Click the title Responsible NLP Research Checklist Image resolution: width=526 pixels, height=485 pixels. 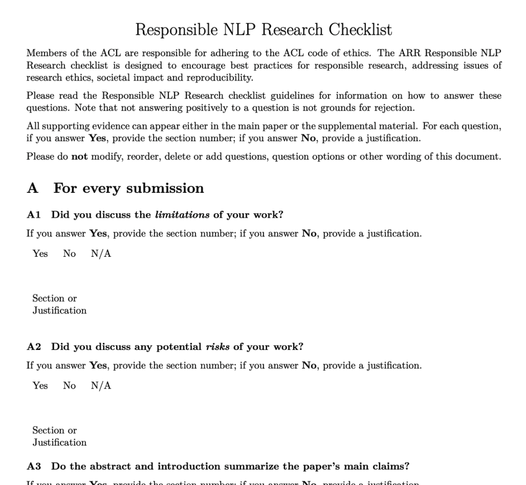pyautogui.click(x=264, y=30)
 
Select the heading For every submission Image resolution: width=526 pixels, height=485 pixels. pyautogui.click(x=128, y=188)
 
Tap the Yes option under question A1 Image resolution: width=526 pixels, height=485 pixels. pyautogui.click(x=40, y=254)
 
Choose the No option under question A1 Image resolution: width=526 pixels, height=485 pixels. pyautogui.click(x=70, y=254)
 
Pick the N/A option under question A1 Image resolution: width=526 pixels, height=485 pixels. pyautogui.click(x=101, y=254)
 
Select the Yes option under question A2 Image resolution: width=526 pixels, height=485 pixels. pyautogui.click(x=40, y=386)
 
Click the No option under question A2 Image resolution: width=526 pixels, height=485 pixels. pyautogui.click(x=70, y=386)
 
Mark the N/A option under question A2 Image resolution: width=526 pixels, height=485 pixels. pyautogui.click(x=101, y=386)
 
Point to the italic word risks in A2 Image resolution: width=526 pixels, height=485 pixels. pyautogui.click(x=217, y=346)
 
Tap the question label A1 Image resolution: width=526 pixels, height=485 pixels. pyautogui.click(x=34, y=214)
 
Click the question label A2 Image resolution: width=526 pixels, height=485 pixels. pyautogui.click(x=34, y=346)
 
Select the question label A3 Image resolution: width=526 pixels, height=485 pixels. pyautogui.click(x=34, y=466)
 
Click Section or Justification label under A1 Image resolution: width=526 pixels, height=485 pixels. pyautogui.click(x=59, y=304)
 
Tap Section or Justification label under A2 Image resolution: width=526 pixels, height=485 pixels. pyautogui.click(x=59, y=436)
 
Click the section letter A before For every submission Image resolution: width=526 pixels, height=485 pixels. pyautogui.click(x=33, y=188)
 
